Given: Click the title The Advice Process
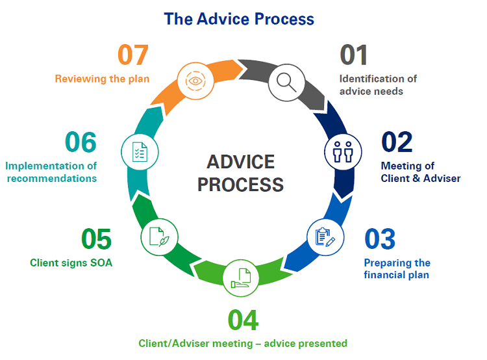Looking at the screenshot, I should (x=239, y=18).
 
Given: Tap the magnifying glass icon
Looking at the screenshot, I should (x=286, y=81).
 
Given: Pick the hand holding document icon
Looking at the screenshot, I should (x=241, y=278).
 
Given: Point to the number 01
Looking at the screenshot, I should (x=354, y=56).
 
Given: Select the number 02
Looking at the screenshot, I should (x=397, y=142).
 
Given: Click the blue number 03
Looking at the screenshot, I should (x=381, y=239).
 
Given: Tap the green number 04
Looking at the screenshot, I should (x=243, y=320).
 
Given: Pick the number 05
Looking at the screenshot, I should (x=97, y=239).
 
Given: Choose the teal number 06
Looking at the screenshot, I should (x=81, y=142).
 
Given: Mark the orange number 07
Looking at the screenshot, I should (x=133, y=56).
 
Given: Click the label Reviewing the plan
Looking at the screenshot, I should (x=102, y=79).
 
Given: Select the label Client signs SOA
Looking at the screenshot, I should (x=71, y=263).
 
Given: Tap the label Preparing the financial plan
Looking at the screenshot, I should (x=397, y=269).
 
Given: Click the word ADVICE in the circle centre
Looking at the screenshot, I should (x=240, y=162).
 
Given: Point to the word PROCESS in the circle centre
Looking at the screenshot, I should (x=240, y=185).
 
